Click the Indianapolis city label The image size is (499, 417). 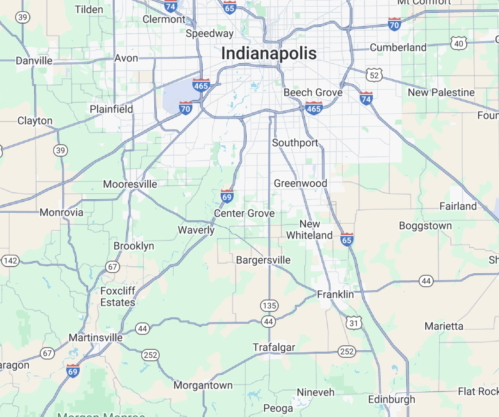point(269,54)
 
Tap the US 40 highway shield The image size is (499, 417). point(458,43)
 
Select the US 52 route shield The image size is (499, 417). point(374,75)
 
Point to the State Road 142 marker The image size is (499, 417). point(10,261)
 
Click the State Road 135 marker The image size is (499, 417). point(270,306)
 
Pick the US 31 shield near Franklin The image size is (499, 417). point(354,323)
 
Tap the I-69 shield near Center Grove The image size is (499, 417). point(227,197)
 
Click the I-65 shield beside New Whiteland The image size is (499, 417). point(347,240)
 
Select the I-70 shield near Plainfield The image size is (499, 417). point(185,108)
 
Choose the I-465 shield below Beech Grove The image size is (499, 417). point(314,108)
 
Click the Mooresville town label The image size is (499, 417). point(130,184)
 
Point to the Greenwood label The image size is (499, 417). point(301,183)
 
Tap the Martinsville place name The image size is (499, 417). point(96,338)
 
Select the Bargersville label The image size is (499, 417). point(263,260)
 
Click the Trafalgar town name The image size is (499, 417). point(274,347)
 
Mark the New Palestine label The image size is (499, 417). point(441,92)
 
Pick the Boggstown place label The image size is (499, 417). point(425,226)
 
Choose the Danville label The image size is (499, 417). point(34,61)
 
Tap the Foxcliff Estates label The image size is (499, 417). point(118,296)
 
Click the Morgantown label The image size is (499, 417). point(203,385)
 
